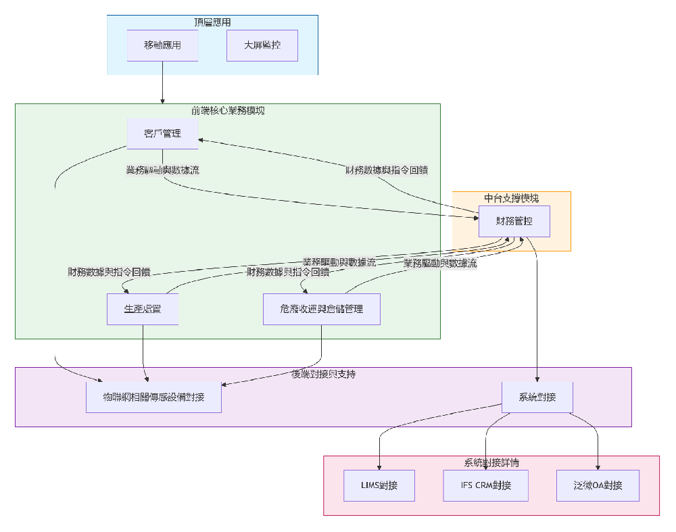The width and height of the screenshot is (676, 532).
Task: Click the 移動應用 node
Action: pos(162,45)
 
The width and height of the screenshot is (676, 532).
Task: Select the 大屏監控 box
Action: pos(262,45)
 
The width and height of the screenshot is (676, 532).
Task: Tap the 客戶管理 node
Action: pos(162,133)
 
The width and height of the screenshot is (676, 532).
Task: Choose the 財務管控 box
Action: pos(514,221)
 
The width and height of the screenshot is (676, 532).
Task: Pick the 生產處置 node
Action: pos(143,309)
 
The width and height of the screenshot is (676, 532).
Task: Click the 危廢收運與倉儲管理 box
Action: pos(321,309)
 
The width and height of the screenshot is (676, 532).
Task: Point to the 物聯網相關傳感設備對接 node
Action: pos(153,397)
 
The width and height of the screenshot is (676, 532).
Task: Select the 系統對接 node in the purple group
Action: pos(537,397)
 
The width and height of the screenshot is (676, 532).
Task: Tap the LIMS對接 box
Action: pos(379,485)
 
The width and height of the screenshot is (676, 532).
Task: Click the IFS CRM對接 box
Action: pos(485,485)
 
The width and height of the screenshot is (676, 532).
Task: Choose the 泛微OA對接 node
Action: pos(598,485)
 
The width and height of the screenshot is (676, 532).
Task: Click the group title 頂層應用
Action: pos(212,22)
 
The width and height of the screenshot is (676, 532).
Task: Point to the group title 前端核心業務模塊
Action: pos(227,110)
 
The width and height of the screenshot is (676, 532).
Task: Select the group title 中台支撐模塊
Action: pos(511,198)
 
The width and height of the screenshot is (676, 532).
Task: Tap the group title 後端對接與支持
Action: pos(322,374)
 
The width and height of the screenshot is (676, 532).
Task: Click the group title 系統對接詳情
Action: pos(491,462)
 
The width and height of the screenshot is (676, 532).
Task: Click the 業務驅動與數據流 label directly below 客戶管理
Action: pos(162,170)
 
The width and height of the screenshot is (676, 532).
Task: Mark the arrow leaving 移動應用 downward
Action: pos(162,81)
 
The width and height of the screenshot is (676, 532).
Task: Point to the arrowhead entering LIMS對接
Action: pos(379,467)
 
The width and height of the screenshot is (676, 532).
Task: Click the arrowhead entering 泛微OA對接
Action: pos(598,467)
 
